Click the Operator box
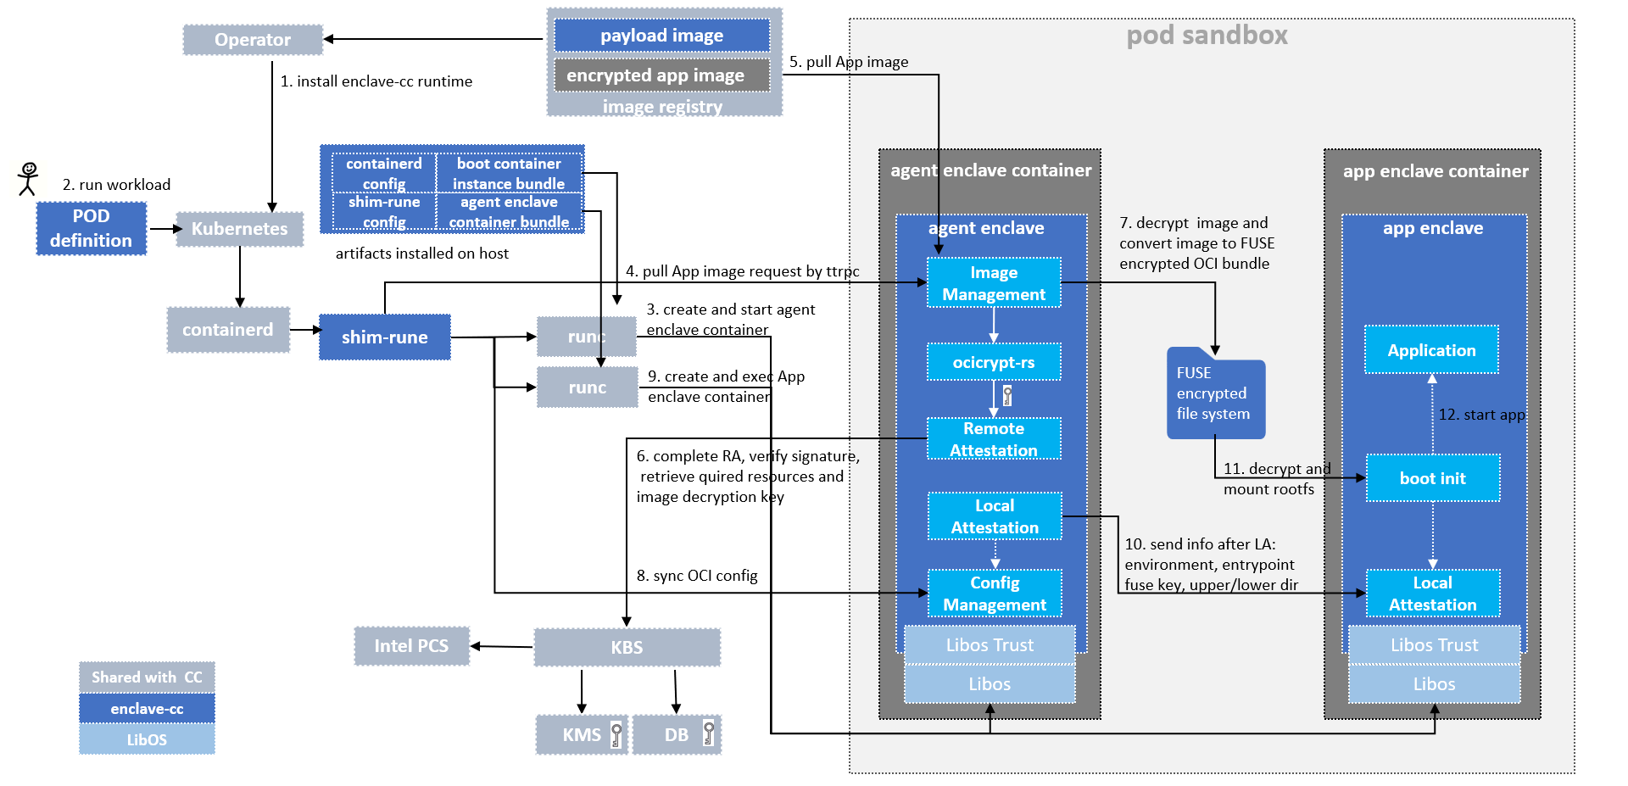[x=253, y=40]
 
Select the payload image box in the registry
[x=662, y=36]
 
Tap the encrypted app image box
[x=662, y=75]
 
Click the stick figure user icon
[x=29, y=179]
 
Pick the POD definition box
[x=92, y=228]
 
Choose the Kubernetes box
[x=240, y=229]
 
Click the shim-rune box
[x=385, y=337]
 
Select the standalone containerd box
[x=228, y=330]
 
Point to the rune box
[x=587, y=337]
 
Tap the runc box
[x=587, y=387]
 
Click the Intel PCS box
[x=412, y=646]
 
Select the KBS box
[x=627, y=647]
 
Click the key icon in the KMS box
[x=616, y=734]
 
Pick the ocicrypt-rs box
[x=994, y=362]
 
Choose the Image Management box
[x=994, y=283]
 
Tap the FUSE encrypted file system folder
[x=1216, y=393]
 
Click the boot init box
[x=1433, y=478]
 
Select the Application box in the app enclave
[x=1432, y=350]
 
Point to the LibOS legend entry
[x=147, y=739]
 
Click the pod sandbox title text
[x=1207, y=36]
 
